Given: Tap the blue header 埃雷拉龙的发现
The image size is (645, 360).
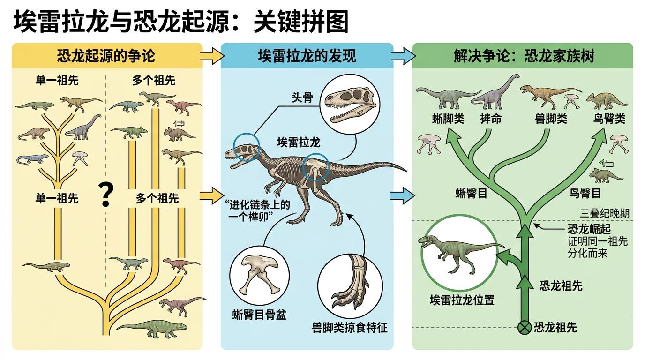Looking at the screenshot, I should coord(307,57).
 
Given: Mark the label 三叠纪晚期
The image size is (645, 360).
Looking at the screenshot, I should coord(605,213).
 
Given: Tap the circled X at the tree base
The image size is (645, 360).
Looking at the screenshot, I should coord(524,327).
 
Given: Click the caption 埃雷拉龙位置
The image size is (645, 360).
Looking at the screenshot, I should coord(462,300).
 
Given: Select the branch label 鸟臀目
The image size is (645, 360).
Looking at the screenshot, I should coord(585,193).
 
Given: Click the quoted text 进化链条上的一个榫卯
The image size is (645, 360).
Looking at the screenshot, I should coord(256,209).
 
